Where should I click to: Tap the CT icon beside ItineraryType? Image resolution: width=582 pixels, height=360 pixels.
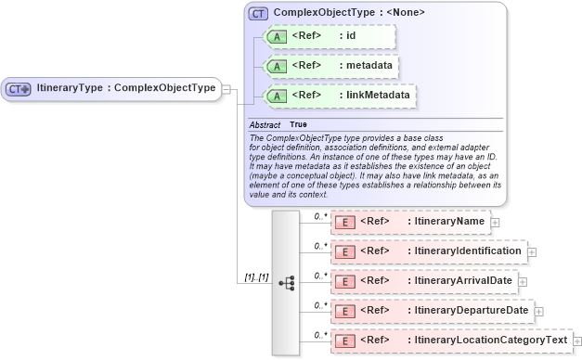click(19, 89)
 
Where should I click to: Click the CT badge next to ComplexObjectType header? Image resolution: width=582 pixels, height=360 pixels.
click(258, 14)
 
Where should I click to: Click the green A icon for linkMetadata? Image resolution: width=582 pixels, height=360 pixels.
click(276, 96)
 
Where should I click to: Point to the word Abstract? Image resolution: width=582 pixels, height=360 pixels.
click(265, 124)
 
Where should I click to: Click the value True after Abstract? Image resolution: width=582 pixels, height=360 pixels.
click(298, 124)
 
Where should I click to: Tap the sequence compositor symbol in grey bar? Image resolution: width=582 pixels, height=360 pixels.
click(286, 283)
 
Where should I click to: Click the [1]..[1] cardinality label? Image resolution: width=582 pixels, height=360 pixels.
click(256, 276)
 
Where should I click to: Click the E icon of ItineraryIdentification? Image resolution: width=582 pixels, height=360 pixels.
click(344, 251)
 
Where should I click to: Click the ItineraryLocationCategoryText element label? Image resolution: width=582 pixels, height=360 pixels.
click(487, 341)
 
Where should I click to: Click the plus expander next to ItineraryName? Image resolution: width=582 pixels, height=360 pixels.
click(495, 223)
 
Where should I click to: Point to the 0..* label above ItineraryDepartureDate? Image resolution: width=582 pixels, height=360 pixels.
click(321, 304)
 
